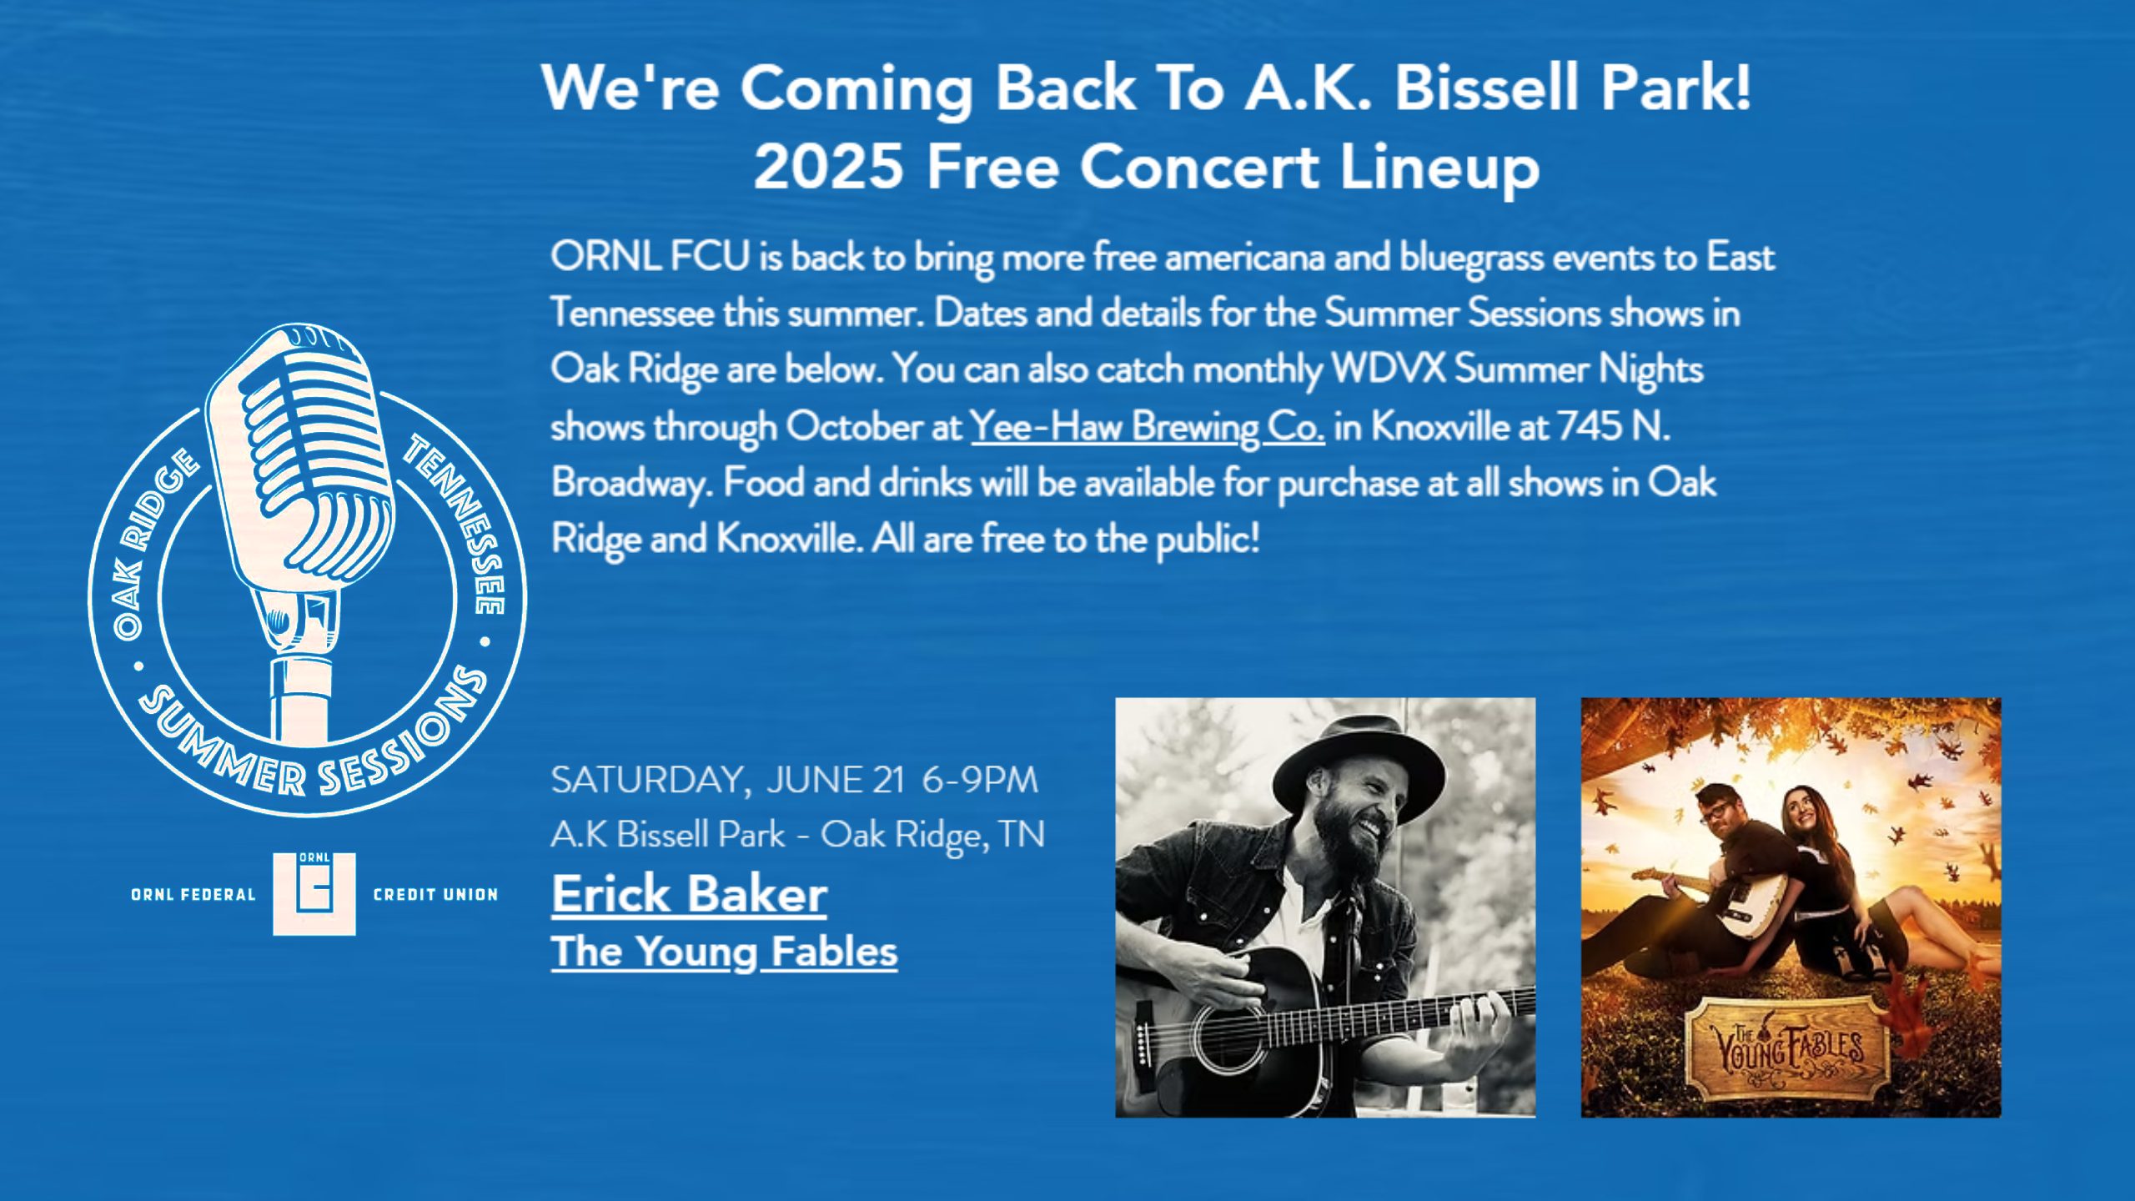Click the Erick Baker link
(x=689, y=894)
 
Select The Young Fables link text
(x=724, y=952)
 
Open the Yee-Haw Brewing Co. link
(x=1148, y=427)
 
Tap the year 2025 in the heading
(x=828, y=166)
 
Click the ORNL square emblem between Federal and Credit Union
(x=314, y=893)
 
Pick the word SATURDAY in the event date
(x=650, y=781)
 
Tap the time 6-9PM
(x=980, y=781)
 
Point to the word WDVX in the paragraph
(x=1388, y=369)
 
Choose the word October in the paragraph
(x=856, y=427)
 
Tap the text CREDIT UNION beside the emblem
(x=435, y=894)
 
